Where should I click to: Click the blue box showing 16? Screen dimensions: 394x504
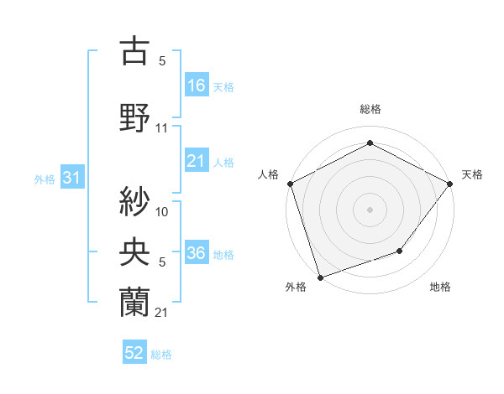pyautogui.click(x=197, y=85)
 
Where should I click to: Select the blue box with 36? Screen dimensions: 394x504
pyautogui.click(x=197, y=253)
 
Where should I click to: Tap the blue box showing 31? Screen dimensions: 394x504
pyautogui.click(x=71, y=178)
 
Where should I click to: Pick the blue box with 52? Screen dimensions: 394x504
pyautogui.click(x=134, y=353)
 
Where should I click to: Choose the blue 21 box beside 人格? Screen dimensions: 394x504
pyautogui.click(x=197, y=161)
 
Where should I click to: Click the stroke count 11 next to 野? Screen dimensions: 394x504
pyautogui.click(x=162, y=128)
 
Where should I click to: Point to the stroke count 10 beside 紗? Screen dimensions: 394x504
pyautogui.click(x=162, y=212)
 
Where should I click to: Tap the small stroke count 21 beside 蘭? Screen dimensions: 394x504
pyautogui.click(x=162, y=313)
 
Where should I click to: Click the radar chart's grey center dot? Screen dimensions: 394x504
pyautogui.click(x=370, y=209)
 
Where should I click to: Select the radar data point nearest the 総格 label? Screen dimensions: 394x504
pyautogui.click(x=370, y=143)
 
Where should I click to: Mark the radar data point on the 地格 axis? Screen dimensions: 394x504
pyautogui.click(x=401, y=251)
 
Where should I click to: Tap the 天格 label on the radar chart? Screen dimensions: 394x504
pyautogui.click(x=472, y=174)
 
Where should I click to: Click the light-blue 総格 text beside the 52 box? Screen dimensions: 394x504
pyautogui.click(x=161, y=355)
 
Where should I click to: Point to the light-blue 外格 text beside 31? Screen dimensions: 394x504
pyautogui.click(x=45, y=179)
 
